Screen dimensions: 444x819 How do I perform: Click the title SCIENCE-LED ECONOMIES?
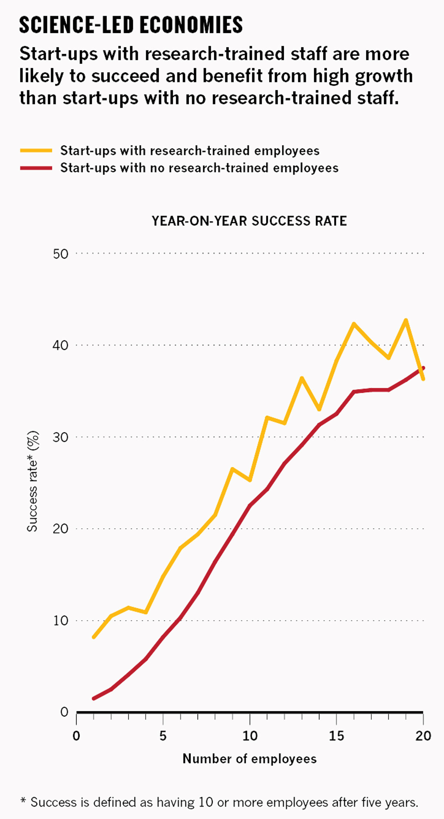point(131,25)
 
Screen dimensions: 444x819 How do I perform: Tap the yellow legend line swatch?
point(36,151)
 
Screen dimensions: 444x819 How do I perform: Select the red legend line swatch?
point(36,168)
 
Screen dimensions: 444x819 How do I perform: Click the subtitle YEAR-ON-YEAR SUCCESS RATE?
point(249,221)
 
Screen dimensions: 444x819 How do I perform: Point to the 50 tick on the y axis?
point(61,254)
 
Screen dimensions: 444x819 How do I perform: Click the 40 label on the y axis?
point(61,346)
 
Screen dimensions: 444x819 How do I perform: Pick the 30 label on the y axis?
point(61,437)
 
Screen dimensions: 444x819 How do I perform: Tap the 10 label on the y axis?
point(61,620)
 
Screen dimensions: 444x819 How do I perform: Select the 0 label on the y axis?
point(64,712)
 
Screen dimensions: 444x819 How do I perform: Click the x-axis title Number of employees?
point(250,759)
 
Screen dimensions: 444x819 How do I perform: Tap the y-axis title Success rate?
point(33,481)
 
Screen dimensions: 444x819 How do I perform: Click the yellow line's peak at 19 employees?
point(406,320)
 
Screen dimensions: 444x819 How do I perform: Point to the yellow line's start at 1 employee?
point(94,637)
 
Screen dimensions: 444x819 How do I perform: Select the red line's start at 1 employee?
point(94,698)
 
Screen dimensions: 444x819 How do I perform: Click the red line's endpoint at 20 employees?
point(423,368)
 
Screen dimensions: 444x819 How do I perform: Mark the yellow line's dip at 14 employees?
point(319,409)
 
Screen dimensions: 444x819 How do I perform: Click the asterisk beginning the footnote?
point(23,801)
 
